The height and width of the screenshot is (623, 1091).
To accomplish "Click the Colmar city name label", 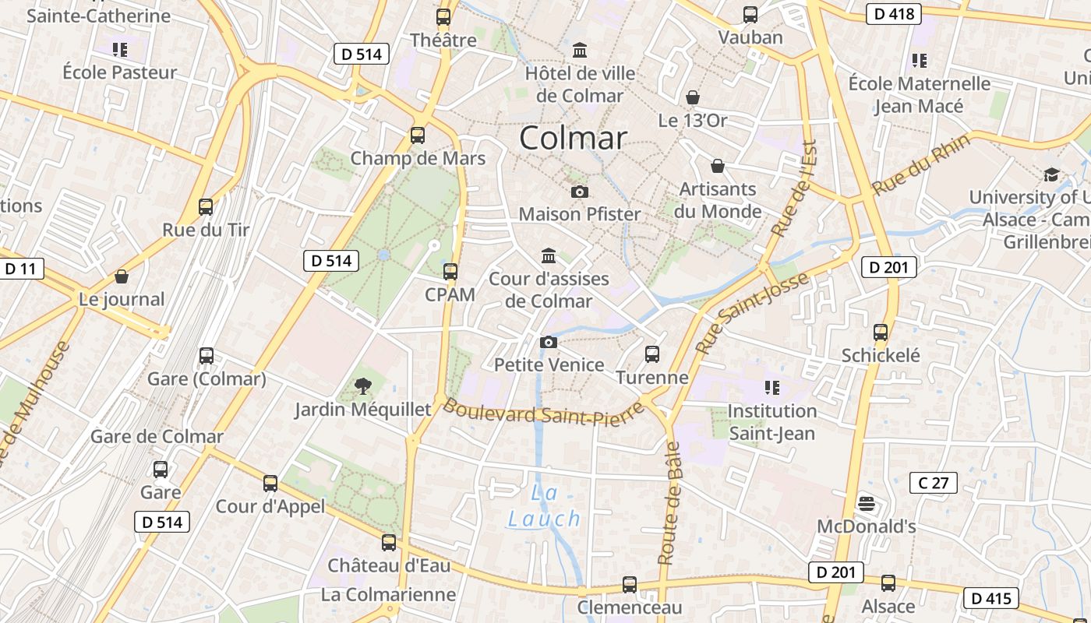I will [573, 139].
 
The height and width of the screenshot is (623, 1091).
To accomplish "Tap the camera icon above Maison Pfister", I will [580, 192].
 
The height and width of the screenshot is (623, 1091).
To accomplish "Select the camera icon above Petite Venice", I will [549, 342].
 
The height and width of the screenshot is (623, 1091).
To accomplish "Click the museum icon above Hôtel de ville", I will [580, 51].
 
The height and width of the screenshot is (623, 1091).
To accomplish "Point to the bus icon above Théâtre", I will [443, 16].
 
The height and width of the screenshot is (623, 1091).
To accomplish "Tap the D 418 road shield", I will [894, 13].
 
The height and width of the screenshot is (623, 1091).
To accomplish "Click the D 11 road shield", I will [20, 269].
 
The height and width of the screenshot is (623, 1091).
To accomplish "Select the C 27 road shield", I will [933, 483].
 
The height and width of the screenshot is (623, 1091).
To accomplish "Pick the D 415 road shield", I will [991, 598].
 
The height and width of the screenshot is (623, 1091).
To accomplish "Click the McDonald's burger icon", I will [866, 504].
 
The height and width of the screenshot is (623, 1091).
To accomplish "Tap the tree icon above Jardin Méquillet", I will [362, 385].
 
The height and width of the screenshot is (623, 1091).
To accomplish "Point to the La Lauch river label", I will [545, 506].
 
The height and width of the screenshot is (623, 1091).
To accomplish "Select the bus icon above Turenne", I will [652, 354].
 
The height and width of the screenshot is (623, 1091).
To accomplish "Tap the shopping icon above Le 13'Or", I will [693, 97].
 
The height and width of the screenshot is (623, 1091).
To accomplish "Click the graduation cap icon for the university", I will [1051, 174].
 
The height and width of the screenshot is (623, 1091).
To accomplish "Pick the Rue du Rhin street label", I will [920, 165].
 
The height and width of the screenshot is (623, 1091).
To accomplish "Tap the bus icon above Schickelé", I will [881, 333].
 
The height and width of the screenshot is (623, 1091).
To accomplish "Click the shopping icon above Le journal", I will [122, 276].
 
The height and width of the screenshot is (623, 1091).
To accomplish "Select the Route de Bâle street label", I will [669, 503].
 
